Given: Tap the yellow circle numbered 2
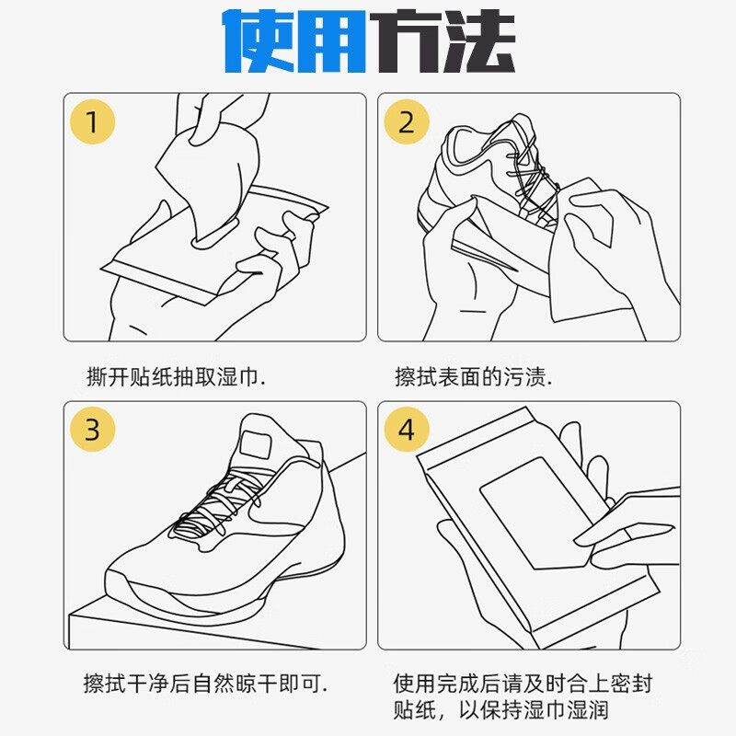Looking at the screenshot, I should (x=407, y=121).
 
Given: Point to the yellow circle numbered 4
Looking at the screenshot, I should (x=407, y=430).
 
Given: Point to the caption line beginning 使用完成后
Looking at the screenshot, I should (x=523, y=684).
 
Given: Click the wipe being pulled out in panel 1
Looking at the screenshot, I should (x=207, y=175).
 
